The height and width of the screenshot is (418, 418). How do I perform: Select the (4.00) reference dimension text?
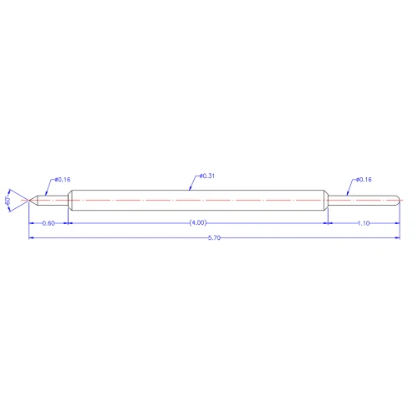pyautogui.click(x=197, y=223)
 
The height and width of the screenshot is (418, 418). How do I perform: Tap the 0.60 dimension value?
pyautogui.click(x=48, y=223)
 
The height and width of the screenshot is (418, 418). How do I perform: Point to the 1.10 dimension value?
pyautogui.click(x=364, y=223)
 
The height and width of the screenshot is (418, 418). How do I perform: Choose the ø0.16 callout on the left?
pyautogui.click(x=62, y=180)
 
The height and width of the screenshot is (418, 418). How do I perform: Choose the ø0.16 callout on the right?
pyautogui.click(x=364, y=180)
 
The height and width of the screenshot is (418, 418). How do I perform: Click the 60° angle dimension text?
pyautogui.click(x=8, y=201)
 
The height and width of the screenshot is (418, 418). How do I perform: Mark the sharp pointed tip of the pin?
pyautogui.click(x=30, y=201)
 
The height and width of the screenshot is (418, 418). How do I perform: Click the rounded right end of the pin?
pyautogui.click(x=397, y=201)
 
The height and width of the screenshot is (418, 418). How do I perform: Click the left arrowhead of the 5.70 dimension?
pyautogui.click(x=33, y=238)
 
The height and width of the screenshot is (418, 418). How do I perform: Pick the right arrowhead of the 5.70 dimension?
pyautogui.click(x=396, y=238)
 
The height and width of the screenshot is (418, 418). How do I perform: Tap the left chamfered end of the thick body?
pyautogui.click(x=69, y=201)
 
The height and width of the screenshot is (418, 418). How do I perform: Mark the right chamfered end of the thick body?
pyautogui.click(x=324, y=201)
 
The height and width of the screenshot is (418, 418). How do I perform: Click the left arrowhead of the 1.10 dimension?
pyautogui.click(x=329, y=223)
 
